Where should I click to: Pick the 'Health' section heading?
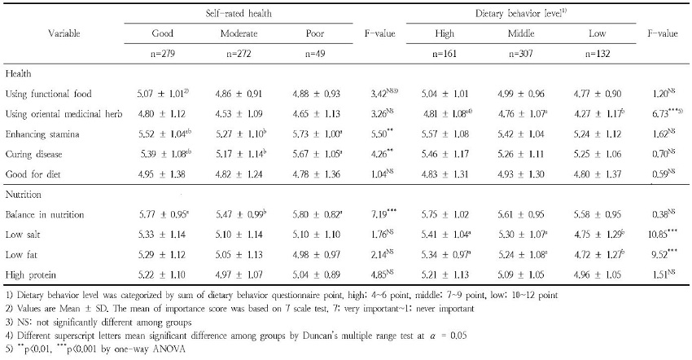pos(20,73)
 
